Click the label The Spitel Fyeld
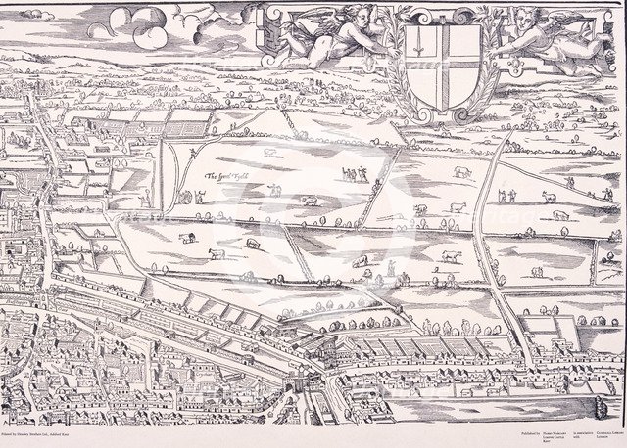click(x=226, y=178)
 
